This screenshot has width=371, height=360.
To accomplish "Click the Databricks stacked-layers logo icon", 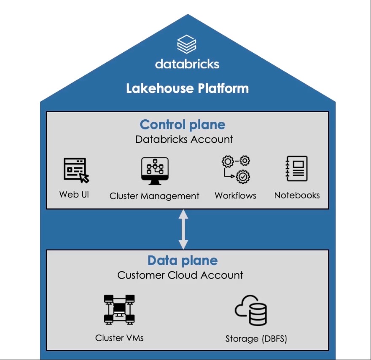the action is pyautogui.click(x=187, y=44).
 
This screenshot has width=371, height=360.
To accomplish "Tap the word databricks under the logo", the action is pyautogui.click(x=187, y=64).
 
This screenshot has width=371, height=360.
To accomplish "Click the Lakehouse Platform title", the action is pyautogui.click(x=187, y=88).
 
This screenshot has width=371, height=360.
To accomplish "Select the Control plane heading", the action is pyautogui.click(x=183, y=125).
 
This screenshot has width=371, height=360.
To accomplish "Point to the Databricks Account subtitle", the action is pyautogui.click(x=184, y=139).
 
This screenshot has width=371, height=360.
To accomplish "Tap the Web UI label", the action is pyautogui.click(x=74, y=194).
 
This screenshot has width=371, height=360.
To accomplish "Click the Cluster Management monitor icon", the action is pyautogui.click(x=155, y=171).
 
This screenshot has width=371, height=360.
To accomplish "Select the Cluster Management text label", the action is pyautogui.click(x=154, y=196).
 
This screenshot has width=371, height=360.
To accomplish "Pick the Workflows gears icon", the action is pyautogui.click(x=236, y=169).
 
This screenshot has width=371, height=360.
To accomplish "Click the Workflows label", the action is pyautogui.click(x=235, y=195).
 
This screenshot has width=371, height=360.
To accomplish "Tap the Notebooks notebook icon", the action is pyautogui.click(x=297, y=169).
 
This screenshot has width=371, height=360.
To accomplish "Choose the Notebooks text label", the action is pyautogui.click(x=297, y=195).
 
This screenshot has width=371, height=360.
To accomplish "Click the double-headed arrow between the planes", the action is pyautogui.click(x=183, y=229).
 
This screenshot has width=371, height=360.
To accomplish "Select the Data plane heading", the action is pyautogui.click(x=183, y=261).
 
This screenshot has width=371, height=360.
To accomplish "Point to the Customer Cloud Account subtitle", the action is pyautogui.click(x=180, y=275).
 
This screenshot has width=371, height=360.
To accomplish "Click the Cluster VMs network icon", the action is pyautogui.click(x=119, y=309).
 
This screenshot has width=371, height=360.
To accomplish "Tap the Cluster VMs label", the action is pyautogui.click(x=119, y=338).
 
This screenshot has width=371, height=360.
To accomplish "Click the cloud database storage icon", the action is pyautogui.click(x=251, y=310).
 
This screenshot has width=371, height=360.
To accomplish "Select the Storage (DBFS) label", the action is pyautogui.click(x=256, y=339).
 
